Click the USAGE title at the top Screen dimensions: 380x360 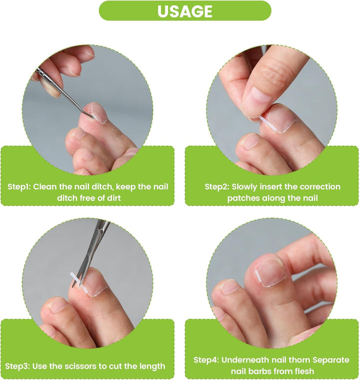(x=184, y=11)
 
